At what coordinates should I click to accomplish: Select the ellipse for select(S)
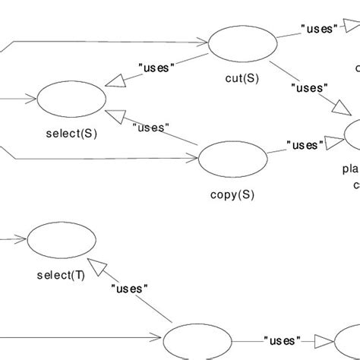click(71, 99)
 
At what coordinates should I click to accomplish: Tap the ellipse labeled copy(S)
click(232, 158)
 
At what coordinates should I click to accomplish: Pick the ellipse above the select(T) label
click(62, 242)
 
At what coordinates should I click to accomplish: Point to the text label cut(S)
click(242, 77)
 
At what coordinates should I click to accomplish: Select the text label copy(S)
click(232, 194)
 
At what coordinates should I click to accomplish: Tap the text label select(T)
click(62, 275)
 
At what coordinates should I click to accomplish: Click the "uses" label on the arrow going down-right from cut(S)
click(309, 87)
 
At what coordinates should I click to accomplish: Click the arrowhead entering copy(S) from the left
click(192, 158)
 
